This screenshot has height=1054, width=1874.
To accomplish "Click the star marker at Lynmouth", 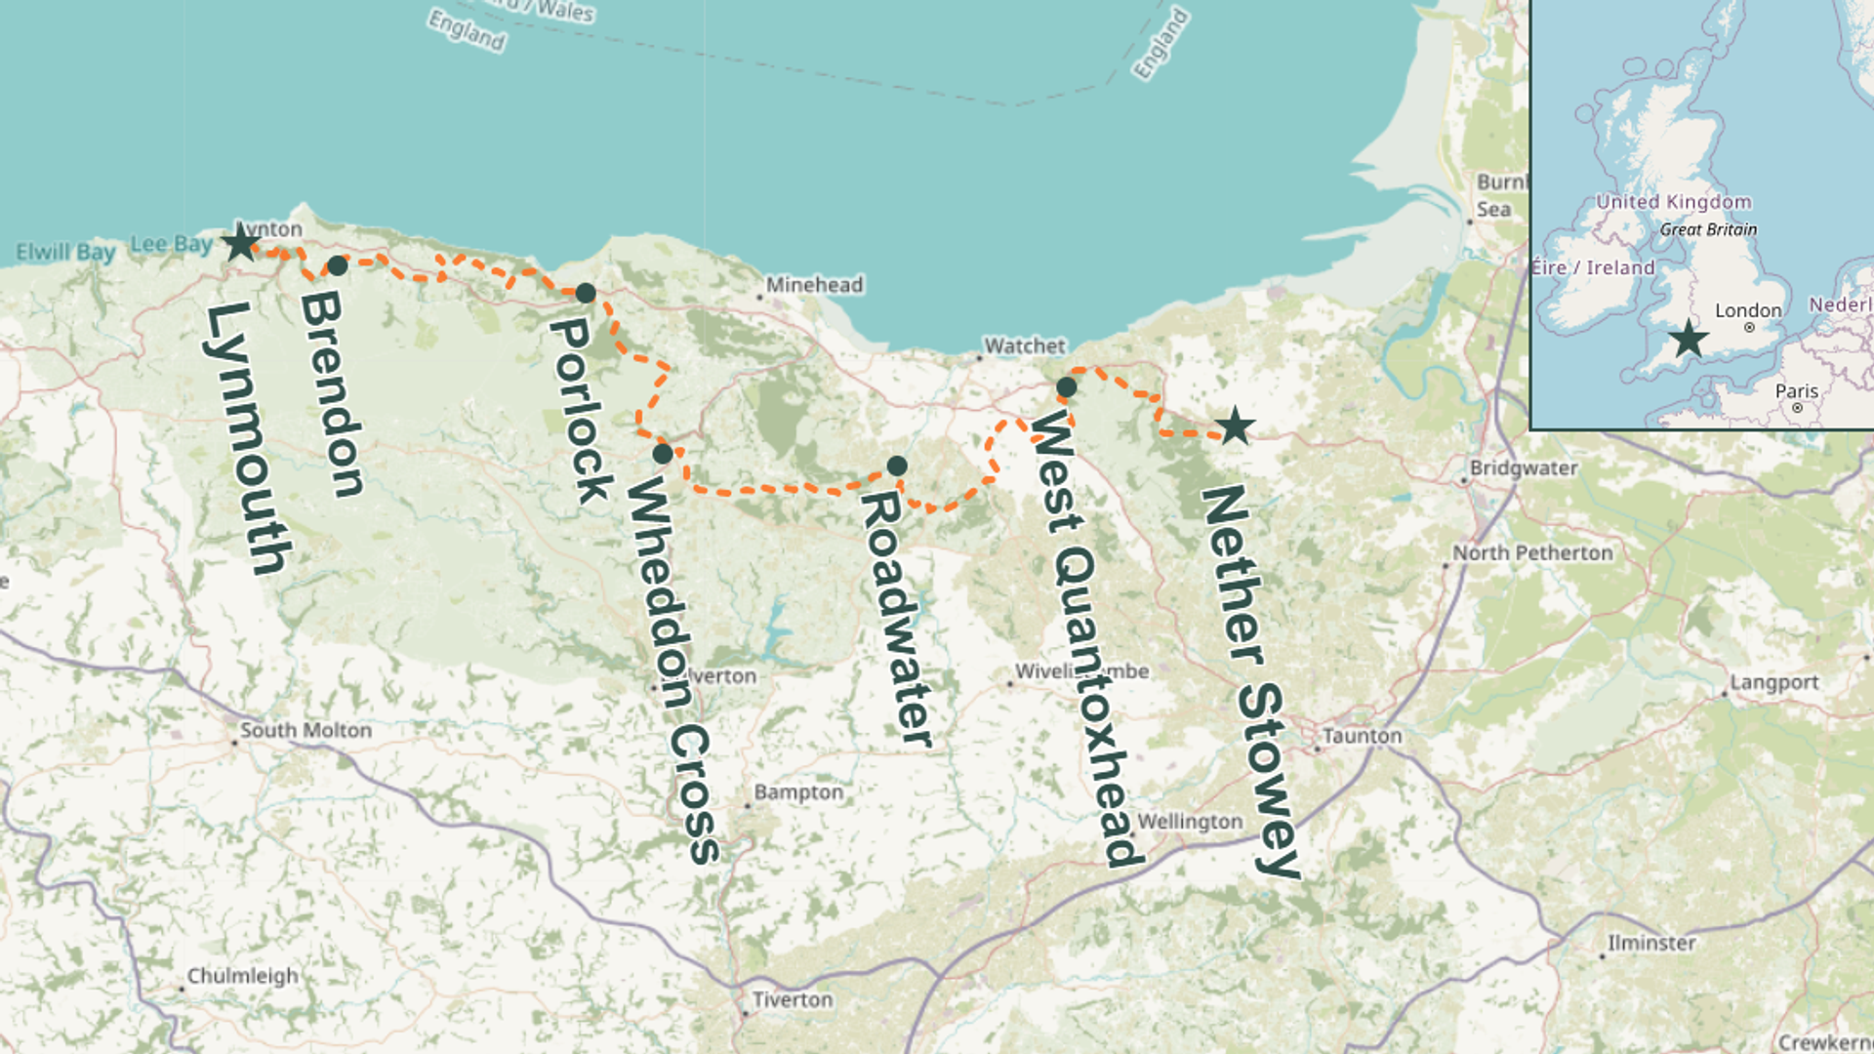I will pyautogui.click(x=240, y=243).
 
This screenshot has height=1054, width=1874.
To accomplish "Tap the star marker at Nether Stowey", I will pyautogui.click(x=1235, y=426).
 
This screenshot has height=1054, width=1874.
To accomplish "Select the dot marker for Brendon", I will pyautogui.click(x=338, y=265).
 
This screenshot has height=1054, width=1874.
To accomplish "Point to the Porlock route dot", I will pyautogui.click(x=586, y=293).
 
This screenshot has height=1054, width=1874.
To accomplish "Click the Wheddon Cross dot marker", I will pyautogui.click(x=663, y=454).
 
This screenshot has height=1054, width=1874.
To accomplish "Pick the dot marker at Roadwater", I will pyautogui.click(x=897, y=466).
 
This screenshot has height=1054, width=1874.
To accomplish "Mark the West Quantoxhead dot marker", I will pyautogui.click(x=1067, y=387).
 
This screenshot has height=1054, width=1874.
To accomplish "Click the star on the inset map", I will pyautogui.click(x=1688, y=340).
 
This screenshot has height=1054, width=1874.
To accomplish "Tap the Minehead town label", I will pyautogui.click(x=814, y=285).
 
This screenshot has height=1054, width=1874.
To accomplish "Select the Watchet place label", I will pyautogui.click(x=1025, y=346).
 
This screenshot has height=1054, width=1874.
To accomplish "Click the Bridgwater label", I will pyautogui.click(x=1524, y=468).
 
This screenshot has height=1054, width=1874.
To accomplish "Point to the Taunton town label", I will pyautogui.click(x=1362, y=736).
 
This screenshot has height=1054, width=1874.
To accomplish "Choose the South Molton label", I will pyautogui.click(x=306, y=730).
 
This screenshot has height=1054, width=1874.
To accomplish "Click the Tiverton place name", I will pyautogui.click(x=792, y=999).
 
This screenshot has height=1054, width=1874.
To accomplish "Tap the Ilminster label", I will pyautogui.click(x=1651, y=944).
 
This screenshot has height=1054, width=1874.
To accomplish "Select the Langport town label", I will pyautogui.click(x=1773, y=682).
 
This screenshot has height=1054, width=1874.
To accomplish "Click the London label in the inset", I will pyautogui.click(x=1748, y=310).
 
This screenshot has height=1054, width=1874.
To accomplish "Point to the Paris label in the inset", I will pyautogui.click(x=1796, y=391).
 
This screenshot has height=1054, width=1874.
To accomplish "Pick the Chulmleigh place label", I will pyautogui.click(x=242, y=976).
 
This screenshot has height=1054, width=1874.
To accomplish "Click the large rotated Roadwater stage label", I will pyautogui.click(x=897, y=619).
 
